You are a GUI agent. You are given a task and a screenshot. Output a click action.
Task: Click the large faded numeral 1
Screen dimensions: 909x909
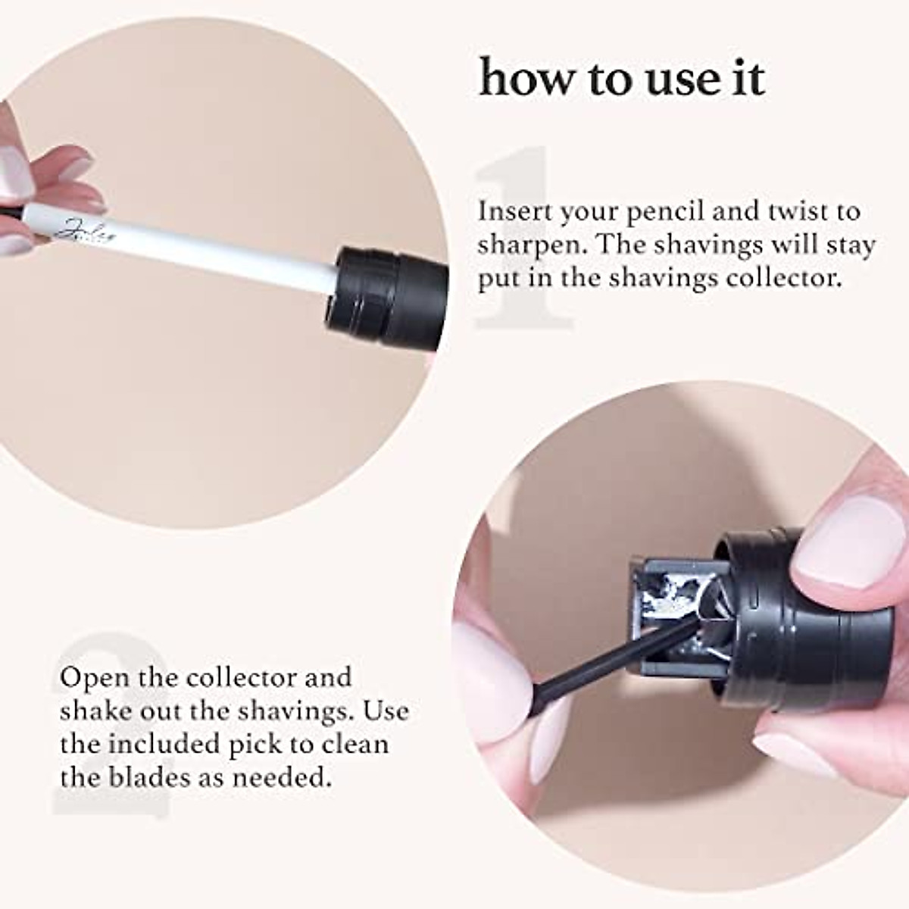click(x=523, y=242)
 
